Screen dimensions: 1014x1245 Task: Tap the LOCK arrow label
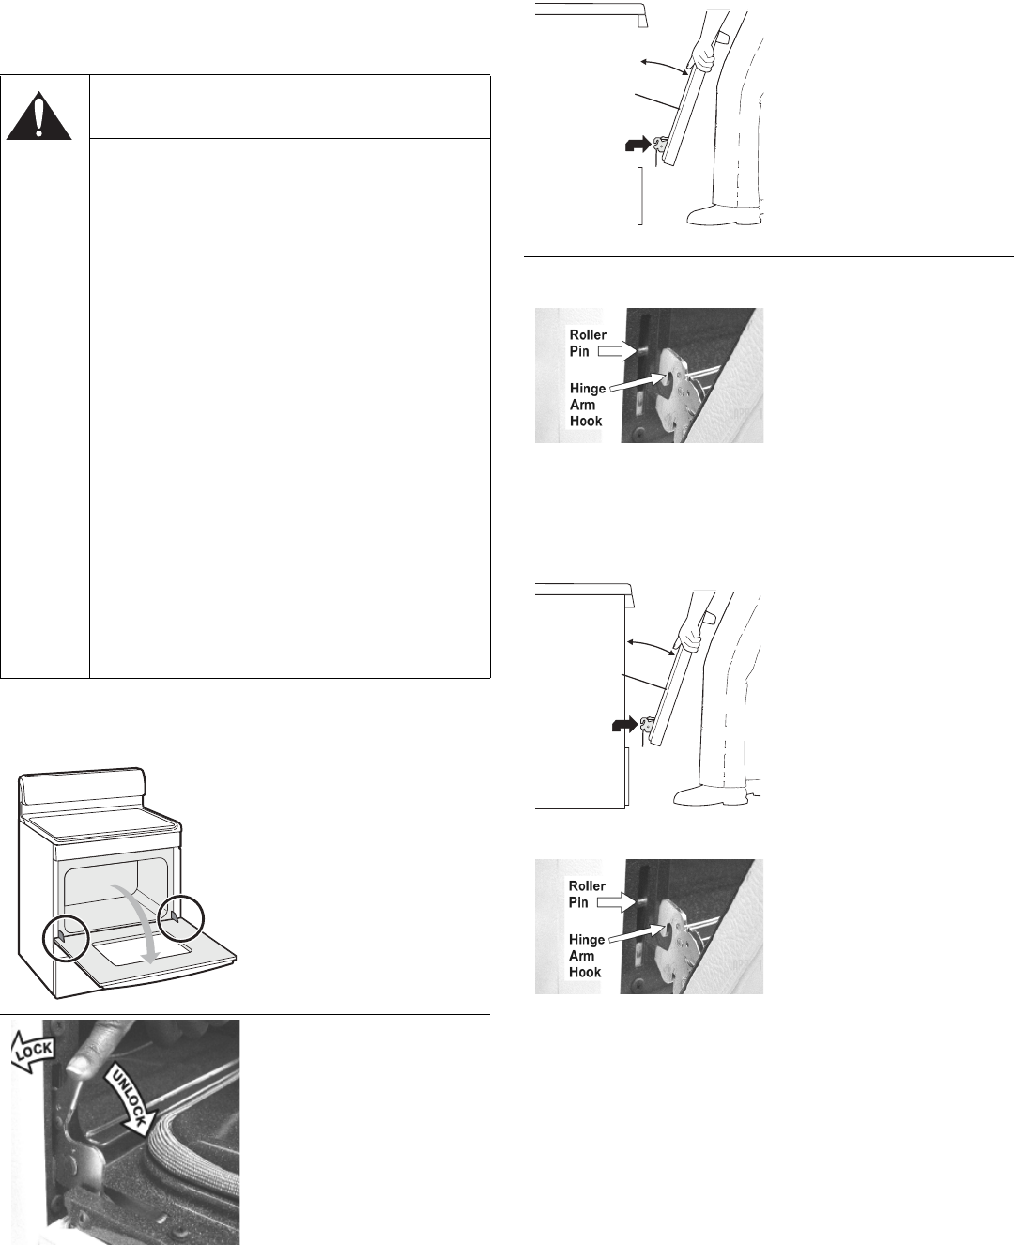[x=33, y=1052]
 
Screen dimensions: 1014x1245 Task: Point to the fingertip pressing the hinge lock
[x=77, y=1066]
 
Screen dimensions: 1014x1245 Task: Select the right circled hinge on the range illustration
[x=181, y=918]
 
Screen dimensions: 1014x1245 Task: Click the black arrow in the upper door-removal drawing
[x=638, y=144]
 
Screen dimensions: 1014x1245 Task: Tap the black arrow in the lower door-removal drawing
[x=624, y=726]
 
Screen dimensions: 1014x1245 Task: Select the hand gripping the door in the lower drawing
[x=691, y=636]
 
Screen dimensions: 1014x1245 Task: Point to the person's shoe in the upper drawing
[x=724, y=214]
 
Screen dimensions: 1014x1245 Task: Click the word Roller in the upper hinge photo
[x=588, y=335]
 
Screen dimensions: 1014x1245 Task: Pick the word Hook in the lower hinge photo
[x=585, y=972]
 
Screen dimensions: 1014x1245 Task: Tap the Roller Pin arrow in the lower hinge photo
[x=617, y=902]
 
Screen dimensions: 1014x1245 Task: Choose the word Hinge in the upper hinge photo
[x=588, y=390]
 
